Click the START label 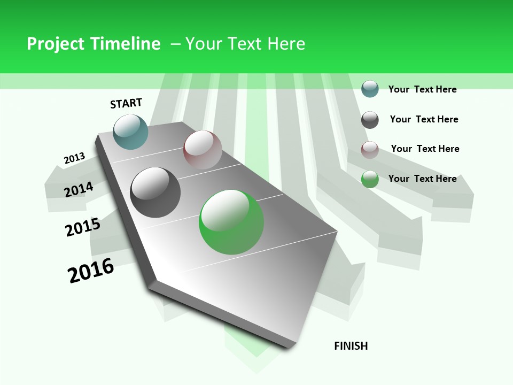[126, 103]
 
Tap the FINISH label [351, 346]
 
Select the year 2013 [74, 158]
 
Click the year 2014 [79, 189]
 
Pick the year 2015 [82, 227]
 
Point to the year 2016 [91, 271]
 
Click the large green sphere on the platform [231, 222]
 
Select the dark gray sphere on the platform [156, 192]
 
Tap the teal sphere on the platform [131, 132]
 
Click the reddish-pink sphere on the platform [203, 150]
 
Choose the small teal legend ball [370, 89]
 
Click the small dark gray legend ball [370, 120]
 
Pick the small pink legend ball [370, 150]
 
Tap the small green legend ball [370, 179]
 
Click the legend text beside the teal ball [422, 89]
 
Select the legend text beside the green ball [422, 179]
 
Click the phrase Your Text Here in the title [245, 44]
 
